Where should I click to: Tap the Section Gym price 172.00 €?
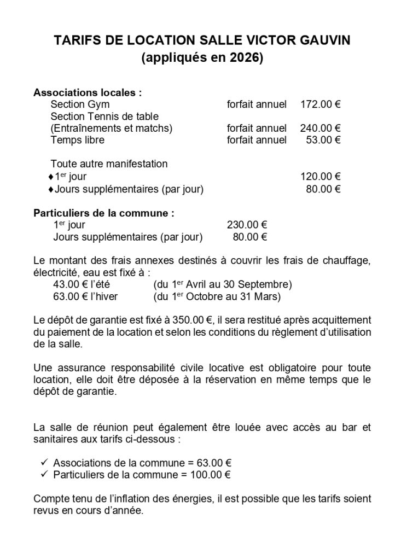(320, 104)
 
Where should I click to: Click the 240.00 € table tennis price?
(320, 129)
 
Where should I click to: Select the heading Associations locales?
(88, 92)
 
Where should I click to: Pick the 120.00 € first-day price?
(320, 176)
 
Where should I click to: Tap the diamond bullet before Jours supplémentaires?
(51, 189)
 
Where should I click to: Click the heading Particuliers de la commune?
(104, 213)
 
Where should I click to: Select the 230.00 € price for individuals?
(247, 224)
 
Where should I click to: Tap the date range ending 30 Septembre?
(222, 284)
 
